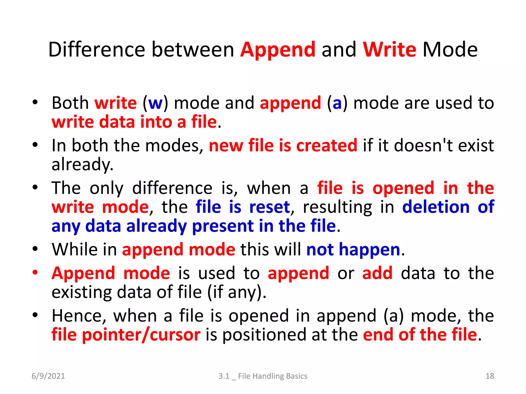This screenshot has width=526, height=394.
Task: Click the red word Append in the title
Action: pyautogui.click(x=278, y=50)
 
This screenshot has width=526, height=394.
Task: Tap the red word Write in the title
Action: pyautogui.click(x=389, y=50)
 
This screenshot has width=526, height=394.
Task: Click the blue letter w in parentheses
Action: pyautogui.click(x=155, y=103)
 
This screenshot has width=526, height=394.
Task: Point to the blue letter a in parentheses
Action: pyautogui.click(x=337, y=103)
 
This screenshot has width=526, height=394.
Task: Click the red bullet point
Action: pyautogui.click(x=35, y=272)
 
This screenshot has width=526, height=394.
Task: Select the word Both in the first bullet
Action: pyautogui.click(x=70, y=103)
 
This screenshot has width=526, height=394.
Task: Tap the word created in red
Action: pyautogui.click(x=327, y=145)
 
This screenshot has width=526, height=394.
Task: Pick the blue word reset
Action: pyautogui.click(x=270, y=207)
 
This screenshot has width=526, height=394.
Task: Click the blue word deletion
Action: pyautogui.click(x=436, y=207)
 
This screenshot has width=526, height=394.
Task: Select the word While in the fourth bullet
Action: pyautogui.click(x=75, y=250)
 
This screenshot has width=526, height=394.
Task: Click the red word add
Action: pyautogui.click(x=377, y=273)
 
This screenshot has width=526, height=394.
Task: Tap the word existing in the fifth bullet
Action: pyautogui.click(x=81, y=292)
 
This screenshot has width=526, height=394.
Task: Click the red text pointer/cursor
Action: pyautogui.click(x=141, y=335)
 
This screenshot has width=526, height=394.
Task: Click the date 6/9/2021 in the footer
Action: pyautogui.click(x=48, y=376)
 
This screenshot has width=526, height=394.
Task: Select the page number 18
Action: pyautogui.click(x=490, y=376)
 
